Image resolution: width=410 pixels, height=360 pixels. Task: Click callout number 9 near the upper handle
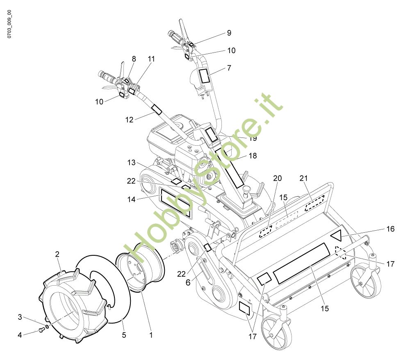(x=229, y=33)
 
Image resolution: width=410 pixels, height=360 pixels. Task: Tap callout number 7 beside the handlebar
(x=229, y=68)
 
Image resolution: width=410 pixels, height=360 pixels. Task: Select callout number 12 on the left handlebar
(x=130, y=119)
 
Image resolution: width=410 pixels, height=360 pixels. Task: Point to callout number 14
(x=131, y=199)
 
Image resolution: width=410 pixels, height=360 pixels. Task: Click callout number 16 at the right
(x=390, y=229)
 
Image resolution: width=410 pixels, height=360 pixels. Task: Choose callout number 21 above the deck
(x=303, y=178)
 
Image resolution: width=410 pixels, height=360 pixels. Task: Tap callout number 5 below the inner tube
(x=124, y=335)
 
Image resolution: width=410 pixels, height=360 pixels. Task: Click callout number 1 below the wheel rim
(x=150, y=335)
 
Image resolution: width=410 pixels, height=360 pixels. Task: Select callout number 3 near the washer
(x=20, y=317)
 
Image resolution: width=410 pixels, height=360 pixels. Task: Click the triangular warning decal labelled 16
(x=337, y=235)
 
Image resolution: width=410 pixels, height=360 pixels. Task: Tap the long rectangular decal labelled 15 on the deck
(x=301, y=263)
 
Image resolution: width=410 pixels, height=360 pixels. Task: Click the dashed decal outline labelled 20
(x=266, y=232)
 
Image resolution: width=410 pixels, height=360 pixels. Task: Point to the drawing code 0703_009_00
(x=9, y=24)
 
